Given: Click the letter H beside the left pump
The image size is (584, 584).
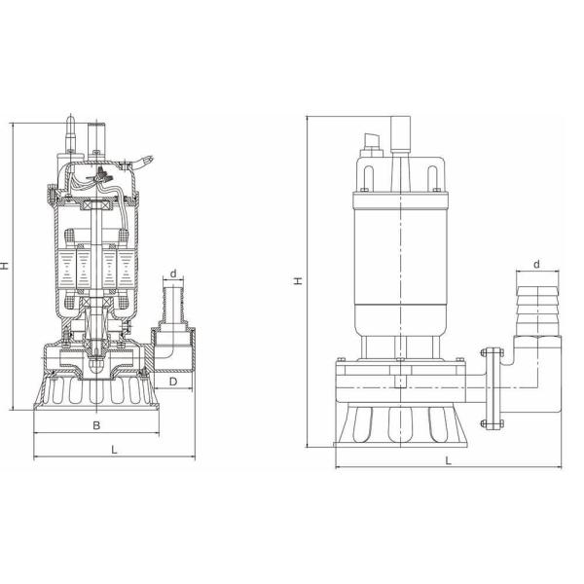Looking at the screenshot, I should tap(6, 265).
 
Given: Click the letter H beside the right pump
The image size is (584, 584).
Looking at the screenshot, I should tap(299, 281).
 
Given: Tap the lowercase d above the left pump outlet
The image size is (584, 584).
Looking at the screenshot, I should tap(172, 274).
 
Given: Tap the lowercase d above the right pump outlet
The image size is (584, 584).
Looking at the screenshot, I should tap(537, 264).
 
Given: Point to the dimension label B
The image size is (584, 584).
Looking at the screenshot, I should tap(95, 425).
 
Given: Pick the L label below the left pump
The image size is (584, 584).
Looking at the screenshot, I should tap(114, 449).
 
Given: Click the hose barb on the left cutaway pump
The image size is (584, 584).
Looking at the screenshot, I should tap(173, 307).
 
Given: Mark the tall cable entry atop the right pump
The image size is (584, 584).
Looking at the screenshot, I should tap(399, 134).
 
